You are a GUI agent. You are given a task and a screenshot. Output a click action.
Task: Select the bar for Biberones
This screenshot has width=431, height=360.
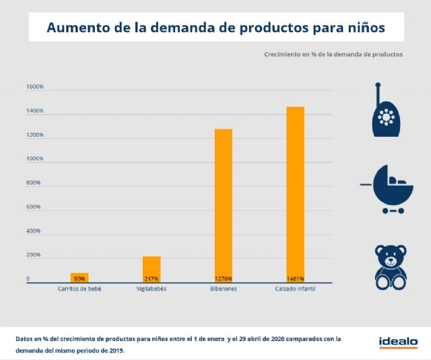coord(223,202)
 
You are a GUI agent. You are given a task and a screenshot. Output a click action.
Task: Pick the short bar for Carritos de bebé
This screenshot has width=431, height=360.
coord(79,276)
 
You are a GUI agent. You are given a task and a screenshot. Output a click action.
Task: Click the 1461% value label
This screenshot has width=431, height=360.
coord(295,278)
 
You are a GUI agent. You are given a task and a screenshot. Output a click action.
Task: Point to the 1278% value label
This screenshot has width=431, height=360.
coord(223,278)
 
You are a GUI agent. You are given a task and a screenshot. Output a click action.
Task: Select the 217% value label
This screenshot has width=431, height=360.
coord(152,278)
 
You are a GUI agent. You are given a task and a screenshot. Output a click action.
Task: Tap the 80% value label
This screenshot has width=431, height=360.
coord(79,278)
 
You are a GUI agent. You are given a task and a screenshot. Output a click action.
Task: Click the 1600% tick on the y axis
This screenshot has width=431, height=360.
coord(35,87)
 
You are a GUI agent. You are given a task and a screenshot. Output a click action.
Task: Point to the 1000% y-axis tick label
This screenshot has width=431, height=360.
coord(35,159)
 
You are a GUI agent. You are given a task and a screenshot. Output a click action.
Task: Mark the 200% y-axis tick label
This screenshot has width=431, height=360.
coord(34,256)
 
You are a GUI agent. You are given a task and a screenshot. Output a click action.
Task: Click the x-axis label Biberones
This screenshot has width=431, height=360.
coord(223,289)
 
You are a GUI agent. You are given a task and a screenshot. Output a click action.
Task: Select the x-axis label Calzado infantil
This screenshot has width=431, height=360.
coord(295,289)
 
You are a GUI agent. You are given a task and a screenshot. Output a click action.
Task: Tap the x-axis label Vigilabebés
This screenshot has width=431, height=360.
coord(152,289)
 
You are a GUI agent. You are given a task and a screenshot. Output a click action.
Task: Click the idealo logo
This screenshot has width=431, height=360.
coord(397,340)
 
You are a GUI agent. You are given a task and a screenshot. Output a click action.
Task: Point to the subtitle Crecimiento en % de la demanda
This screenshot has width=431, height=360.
coord(333,54)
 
